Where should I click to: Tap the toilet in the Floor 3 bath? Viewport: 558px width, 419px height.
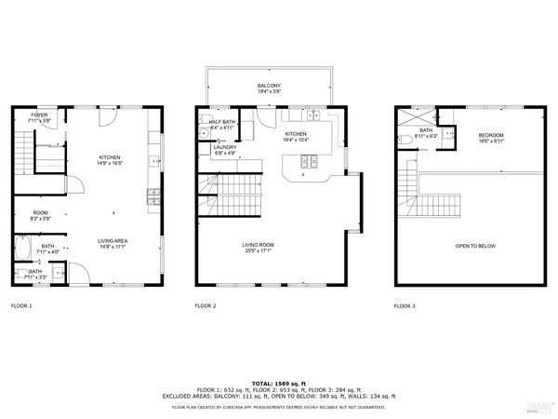pos(408,139)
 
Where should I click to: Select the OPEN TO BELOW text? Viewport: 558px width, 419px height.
pos(474,246)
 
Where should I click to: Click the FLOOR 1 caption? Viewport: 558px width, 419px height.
pos(21,305)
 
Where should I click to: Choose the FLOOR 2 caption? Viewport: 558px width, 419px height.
pos(206,305)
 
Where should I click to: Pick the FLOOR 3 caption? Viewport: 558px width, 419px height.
pos(405,305)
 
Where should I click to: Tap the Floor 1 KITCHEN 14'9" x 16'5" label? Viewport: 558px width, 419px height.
pos(111,160)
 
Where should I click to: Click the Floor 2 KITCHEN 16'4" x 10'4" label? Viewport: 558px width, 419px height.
pos(296,136)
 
